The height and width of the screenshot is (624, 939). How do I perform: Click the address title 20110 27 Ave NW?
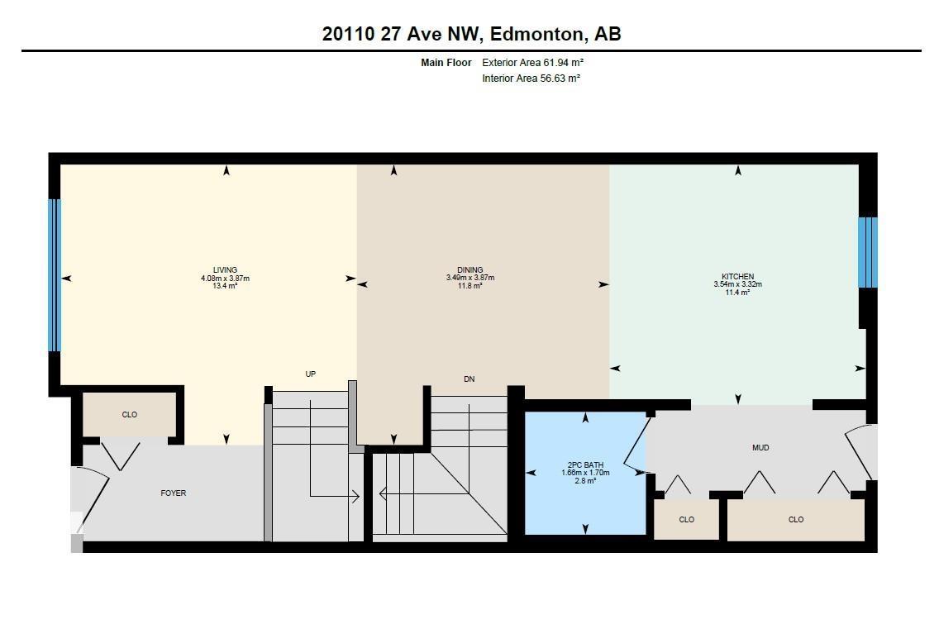[471, 34]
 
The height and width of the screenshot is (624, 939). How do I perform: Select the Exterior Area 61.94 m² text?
[527, 63]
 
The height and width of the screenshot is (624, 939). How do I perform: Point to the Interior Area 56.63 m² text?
[531, 79]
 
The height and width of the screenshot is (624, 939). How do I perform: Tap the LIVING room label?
[225, 269]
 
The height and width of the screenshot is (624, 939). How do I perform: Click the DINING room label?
[469, 269]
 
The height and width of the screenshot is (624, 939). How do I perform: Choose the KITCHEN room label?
[737, 277]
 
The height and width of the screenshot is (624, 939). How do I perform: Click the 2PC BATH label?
[585, 464]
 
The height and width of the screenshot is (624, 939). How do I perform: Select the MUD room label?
[760, 448]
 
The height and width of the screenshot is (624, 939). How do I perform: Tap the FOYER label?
[174, 493]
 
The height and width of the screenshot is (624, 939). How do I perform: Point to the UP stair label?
[311, 374]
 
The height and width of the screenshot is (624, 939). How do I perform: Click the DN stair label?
[469, 379]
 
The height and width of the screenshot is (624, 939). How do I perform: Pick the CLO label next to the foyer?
[130, 415]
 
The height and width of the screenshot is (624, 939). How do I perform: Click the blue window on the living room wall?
[55, 275]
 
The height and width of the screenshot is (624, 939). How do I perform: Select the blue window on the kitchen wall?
[866, 252]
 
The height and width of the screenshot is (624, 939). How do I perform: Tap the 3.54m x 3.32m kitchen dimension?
[737, 284]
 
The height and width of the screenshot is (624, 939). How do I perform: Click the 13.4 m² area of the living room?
[225, 286]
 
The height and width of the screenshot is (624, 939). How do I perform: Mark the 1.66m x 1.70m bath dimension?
[585, 473]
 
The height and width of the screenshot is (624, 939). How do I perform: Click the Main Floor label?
[446, 63]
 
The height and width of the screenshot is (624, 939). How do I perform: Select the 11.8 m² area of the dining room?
[469, 286]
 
